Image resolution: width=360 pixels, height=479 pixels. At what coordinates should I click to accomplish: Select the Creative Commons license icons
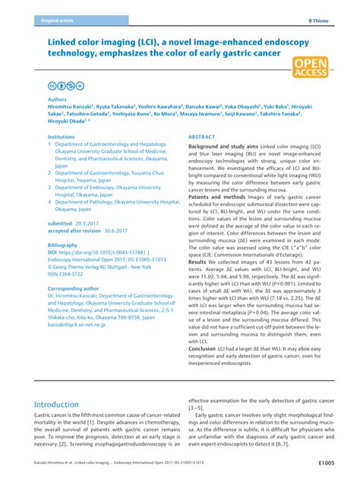(x=63, y=87)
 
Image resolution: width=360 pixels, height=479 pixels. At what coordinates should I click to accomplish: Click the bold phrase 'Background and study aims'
(x=220, y=146)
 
